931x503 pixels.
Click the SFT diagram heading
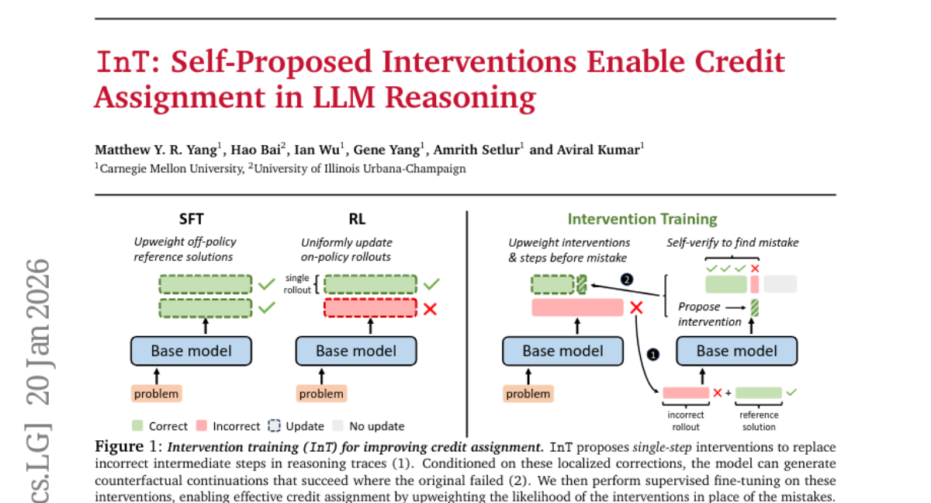(191, 220)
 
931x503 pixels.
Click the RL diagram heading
(357, 220)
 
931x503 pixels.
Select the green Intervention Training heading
(642, 220)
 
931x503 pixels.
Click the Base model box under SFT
(191, 351)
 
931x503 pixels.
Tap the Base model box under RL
(356, 351)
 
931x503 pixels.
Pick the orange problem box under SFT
(156, 394)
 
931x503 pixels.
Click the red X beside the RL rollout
(431, 309)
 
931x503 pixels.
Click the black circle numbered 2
(627, 279)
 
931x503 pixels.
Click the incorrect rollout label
(685, 421)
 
